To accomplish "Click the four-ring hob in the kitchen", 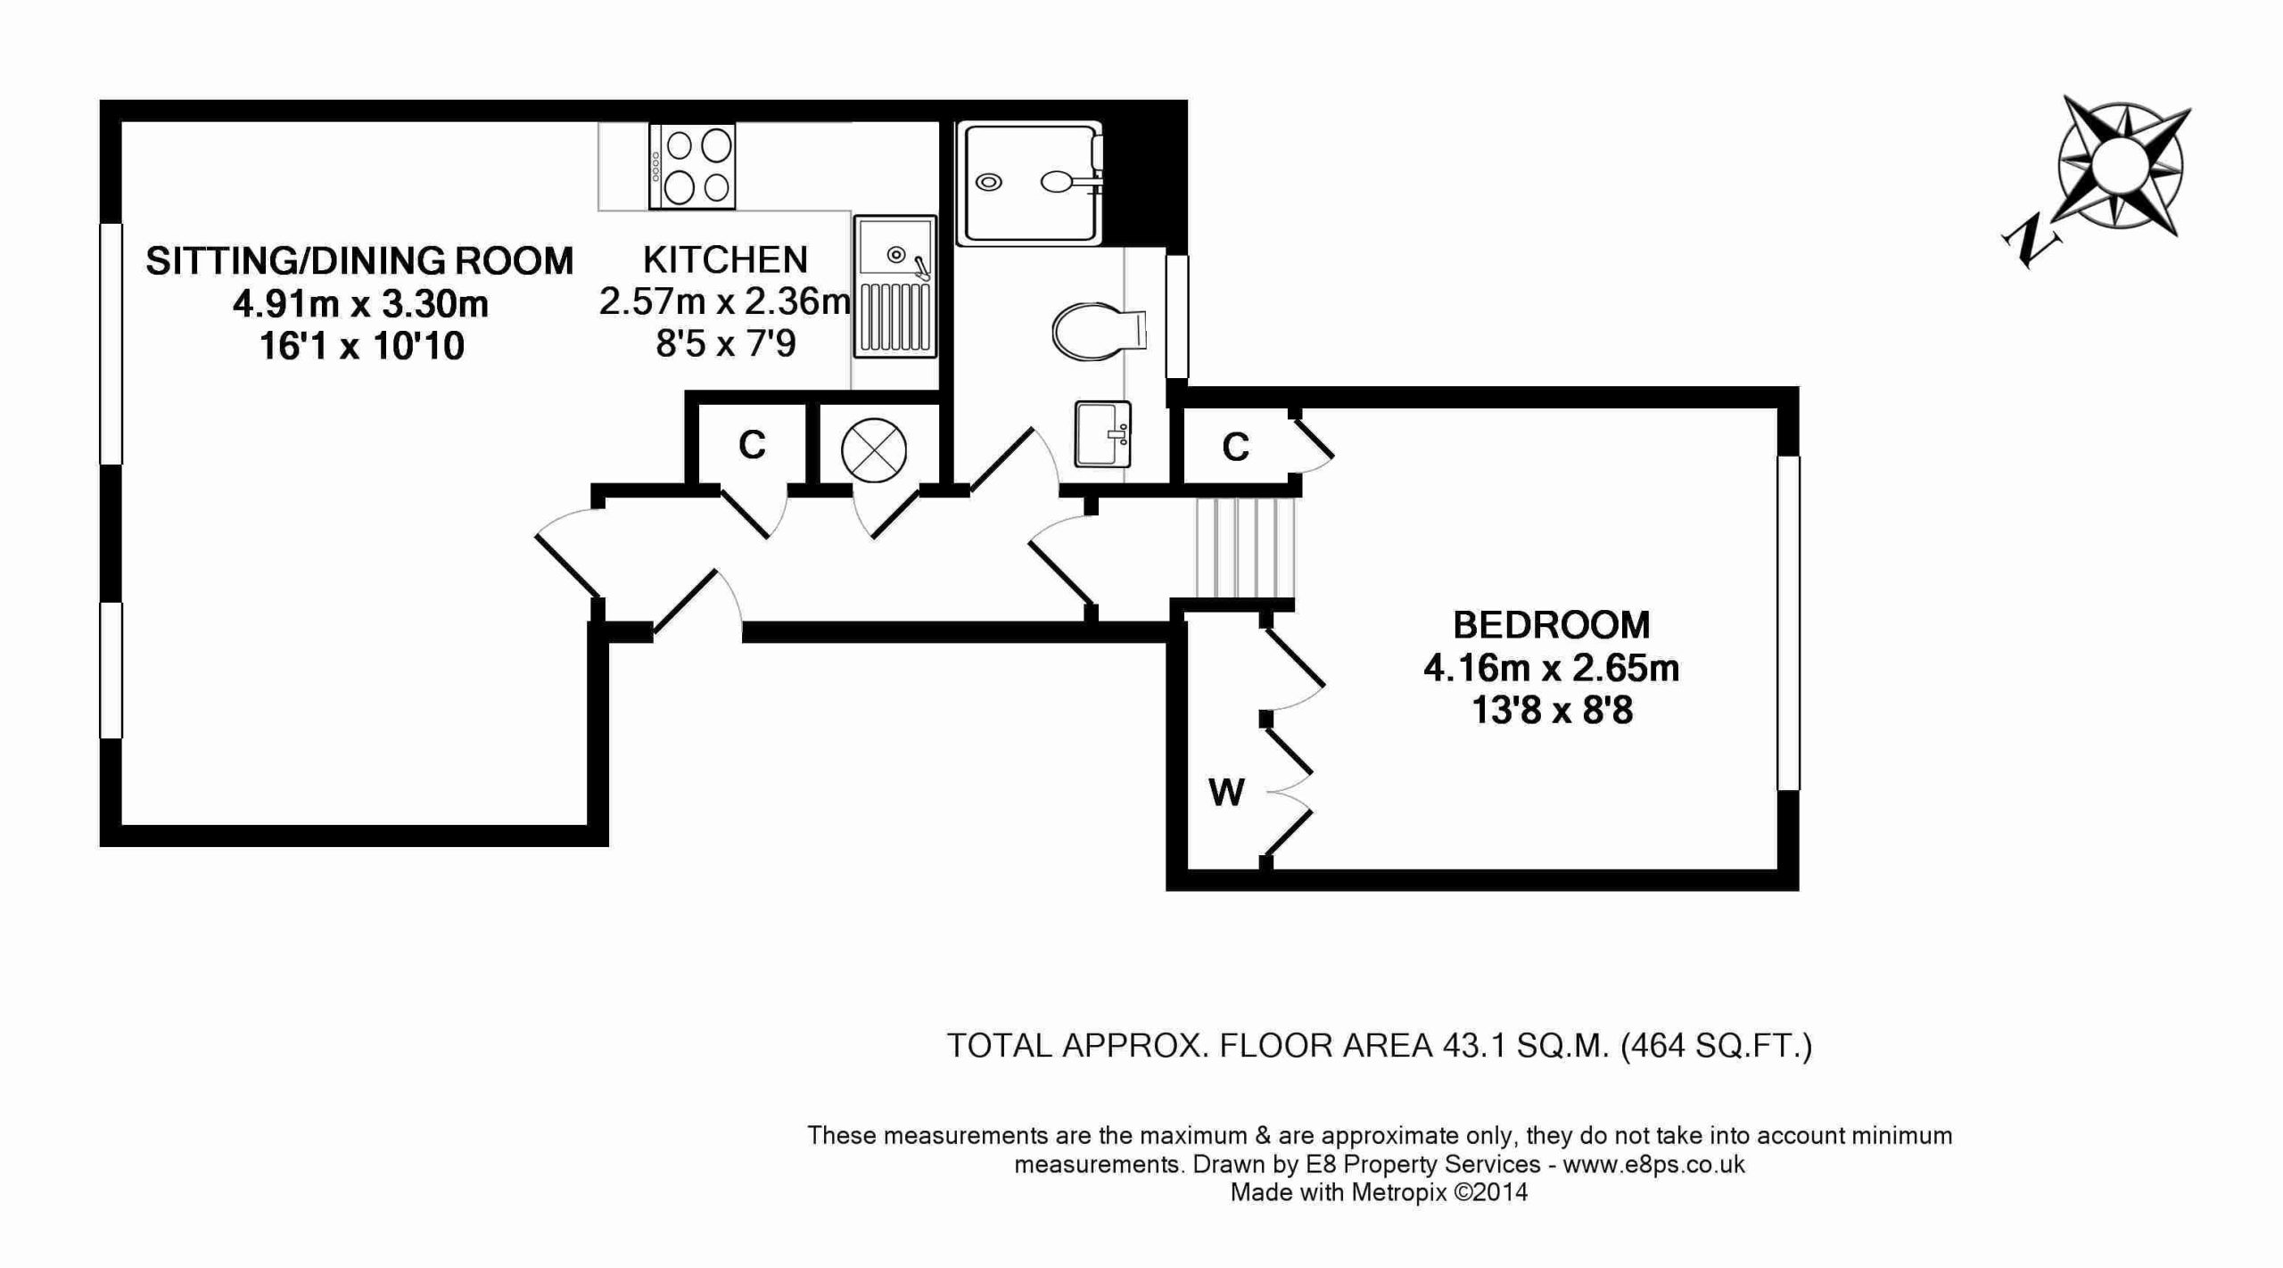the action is (x=692, y=167).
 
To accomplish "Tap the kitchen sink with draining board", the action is (x=894, y=285).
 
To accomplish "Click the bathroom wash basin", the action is (x=1103, y=434).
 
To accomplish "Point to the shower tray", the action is (x=1030, y=183).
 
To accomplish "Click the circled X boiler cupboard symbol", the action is (x=874, y=450).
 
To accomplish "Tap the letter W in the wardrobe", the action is (x=1226, y=792).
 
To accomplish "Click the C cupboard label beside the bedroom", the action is (x=1236, y=448).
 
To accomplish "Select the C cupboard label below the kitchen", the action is (x=752, y=445).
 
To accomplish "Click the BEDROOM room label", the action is (x=1552, y=625).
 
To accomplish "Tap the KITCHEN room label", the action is (x=725, y=259).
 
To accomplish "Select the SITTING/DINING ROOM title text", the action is (x=359, y=260).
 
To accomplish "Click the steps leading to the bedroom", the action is (x=1244, y=547).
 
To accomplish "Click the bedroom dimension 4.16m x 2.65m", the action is (x=1552, y=668).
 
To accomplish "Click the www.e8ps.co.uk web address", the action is (x=1654, y=1165).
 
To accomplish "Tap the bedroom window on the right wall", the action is (x=1788, y=623).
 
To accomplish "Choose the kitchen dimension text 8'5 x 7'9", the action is (x=725, y=343).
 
